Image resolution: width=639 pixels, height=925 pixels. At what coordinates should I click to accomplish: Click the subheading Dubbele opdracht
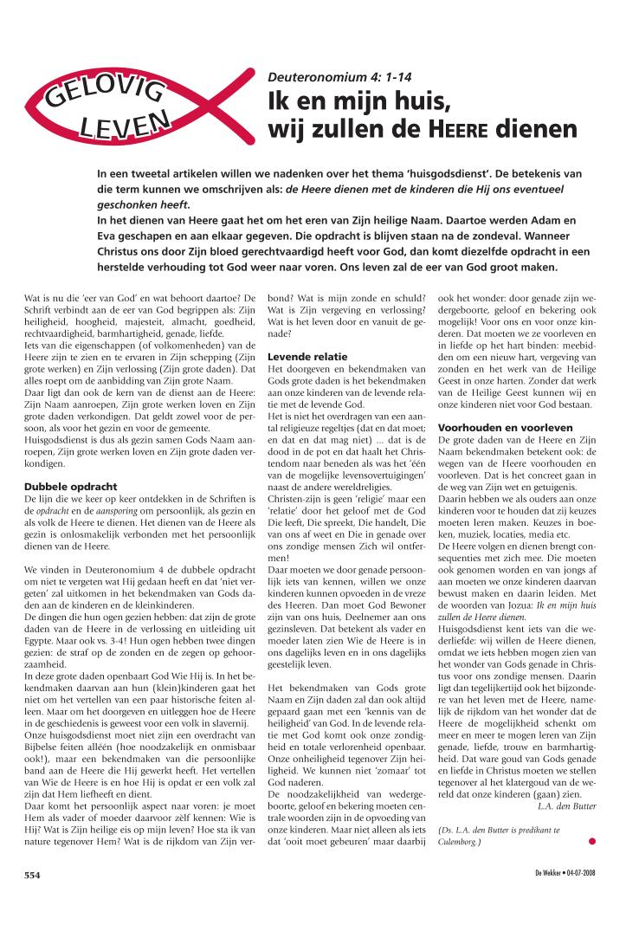pos(70,487)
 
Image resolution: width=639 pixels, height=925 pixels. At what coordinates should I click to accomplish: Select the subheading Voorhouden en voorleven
pos(504,427)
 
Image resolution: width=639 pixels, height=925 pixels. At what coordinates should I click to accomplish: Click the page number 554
pos(34,876)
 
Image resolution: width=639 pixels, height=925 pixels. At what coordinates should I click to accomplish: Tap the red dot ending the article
pos(591,840)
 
